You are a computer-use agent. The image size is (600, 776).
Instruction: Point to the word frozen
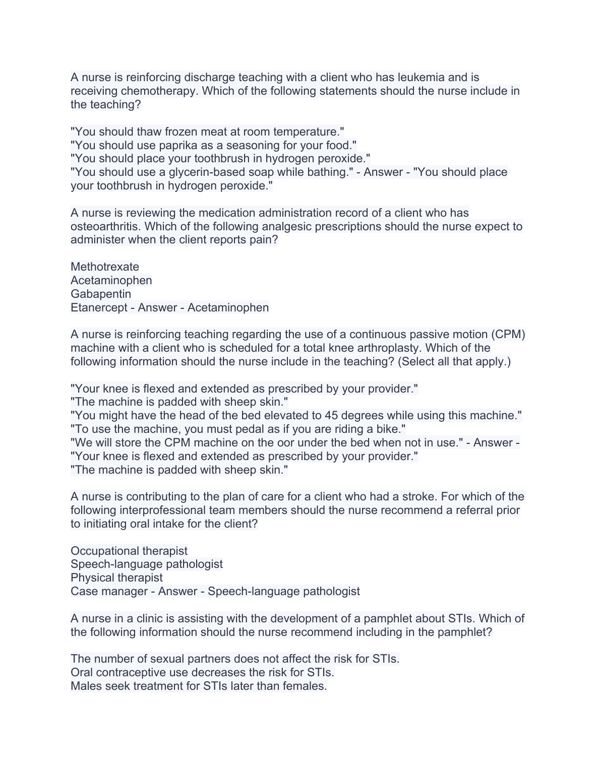point(181,132)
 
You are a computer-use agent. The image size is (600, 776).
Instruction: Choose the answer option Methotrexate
point(105,267)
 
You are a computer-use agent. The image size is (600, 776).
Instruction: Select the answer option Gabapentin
point(101,294)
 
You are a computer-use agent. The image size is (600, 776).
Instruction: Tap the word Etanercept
point(99,308)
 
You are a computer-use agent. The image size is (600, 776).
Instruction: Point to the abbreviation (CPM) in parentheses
point(507,335)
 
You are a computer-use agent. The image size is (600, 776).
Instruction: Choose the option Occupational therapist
point(129,551)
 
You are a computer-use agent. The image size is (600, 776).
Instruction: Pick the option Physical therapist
point(116,578)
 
